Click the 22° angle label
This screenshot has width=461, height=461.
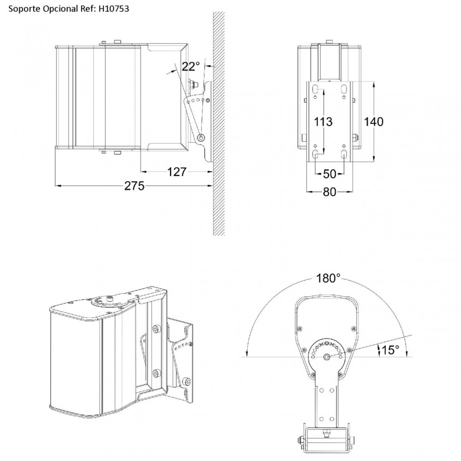[x=190, y=67]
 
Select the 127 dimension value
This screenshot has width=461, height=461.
[x=177, y=172]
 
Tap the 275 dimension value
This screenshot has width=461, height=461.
[x=134, y=186]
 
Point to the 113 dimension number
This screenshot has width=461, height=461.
[x=323, y=122]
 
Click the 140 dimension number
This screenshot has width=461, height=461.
[x=374, y=122]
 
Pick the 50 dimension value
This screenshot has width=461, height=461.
[x=330, y=174]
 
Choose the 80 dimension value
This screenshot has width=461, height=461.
[x=330, y=192]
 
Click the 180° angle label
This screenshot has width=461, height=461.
[x=328, y=278]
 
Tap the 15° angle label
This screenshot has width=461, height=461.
[x=390, y=350]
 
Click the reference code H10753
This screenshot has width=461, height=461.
[x=113, y=9]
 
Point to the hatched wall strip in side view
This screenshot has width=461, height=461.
[x=219, y=124]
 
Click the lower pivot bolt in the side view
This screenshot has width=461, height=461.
[x=201, y=137]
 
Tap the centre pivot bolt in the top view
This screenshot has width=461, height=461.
[x=327, y=357]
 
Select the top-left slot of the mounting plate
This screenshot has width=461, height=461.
[x=315, y=89]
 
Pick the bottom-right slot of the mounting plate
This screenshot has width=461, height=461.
[x=344, y=154]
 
